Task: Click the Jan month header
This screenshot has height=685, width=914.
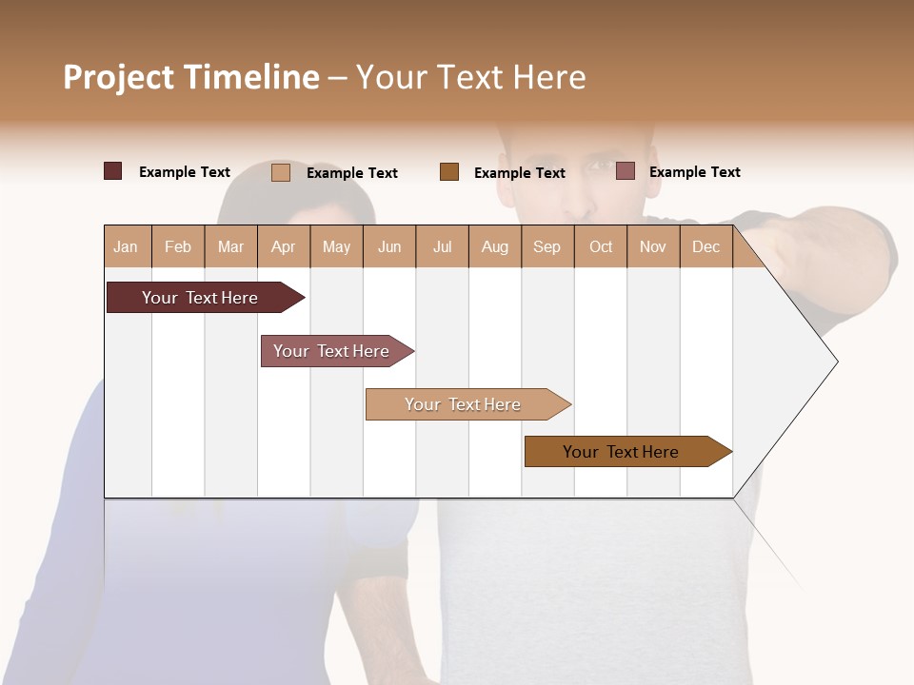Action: (x=126, y=247)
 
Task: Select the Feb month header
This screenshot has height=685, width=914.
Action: (x=178, y=247)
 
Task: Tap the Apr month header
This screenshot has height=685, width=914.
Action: (x=284, y=247)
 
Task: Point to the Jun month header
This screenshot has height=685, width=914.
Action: (x=389, y=247)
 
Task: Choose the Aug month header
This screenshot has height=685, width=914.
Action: (x=495, y=247)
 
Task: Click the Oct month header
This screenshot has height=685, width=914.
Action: (x=601, y=247)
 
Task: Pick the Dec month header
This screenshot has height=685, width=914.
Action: (x=706, y=247)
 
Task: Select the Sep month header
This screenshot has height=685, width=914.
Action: (x=547, y=247)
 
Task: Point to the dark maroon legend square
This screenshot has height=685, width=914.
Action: (x=113, y=171)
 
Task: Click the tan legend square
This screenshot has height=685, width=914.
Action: (x=281, y=172)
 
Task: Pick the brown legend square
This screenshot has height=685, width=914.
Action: (x=449, y=172)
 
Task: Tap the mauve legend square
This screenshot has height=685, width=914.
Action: (x=626, y=171)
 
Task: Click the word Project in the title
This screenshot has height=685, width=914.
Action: (x=119, y=77)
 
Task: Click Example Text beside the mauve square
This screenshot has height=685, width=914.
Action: (x=694, y=172)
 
